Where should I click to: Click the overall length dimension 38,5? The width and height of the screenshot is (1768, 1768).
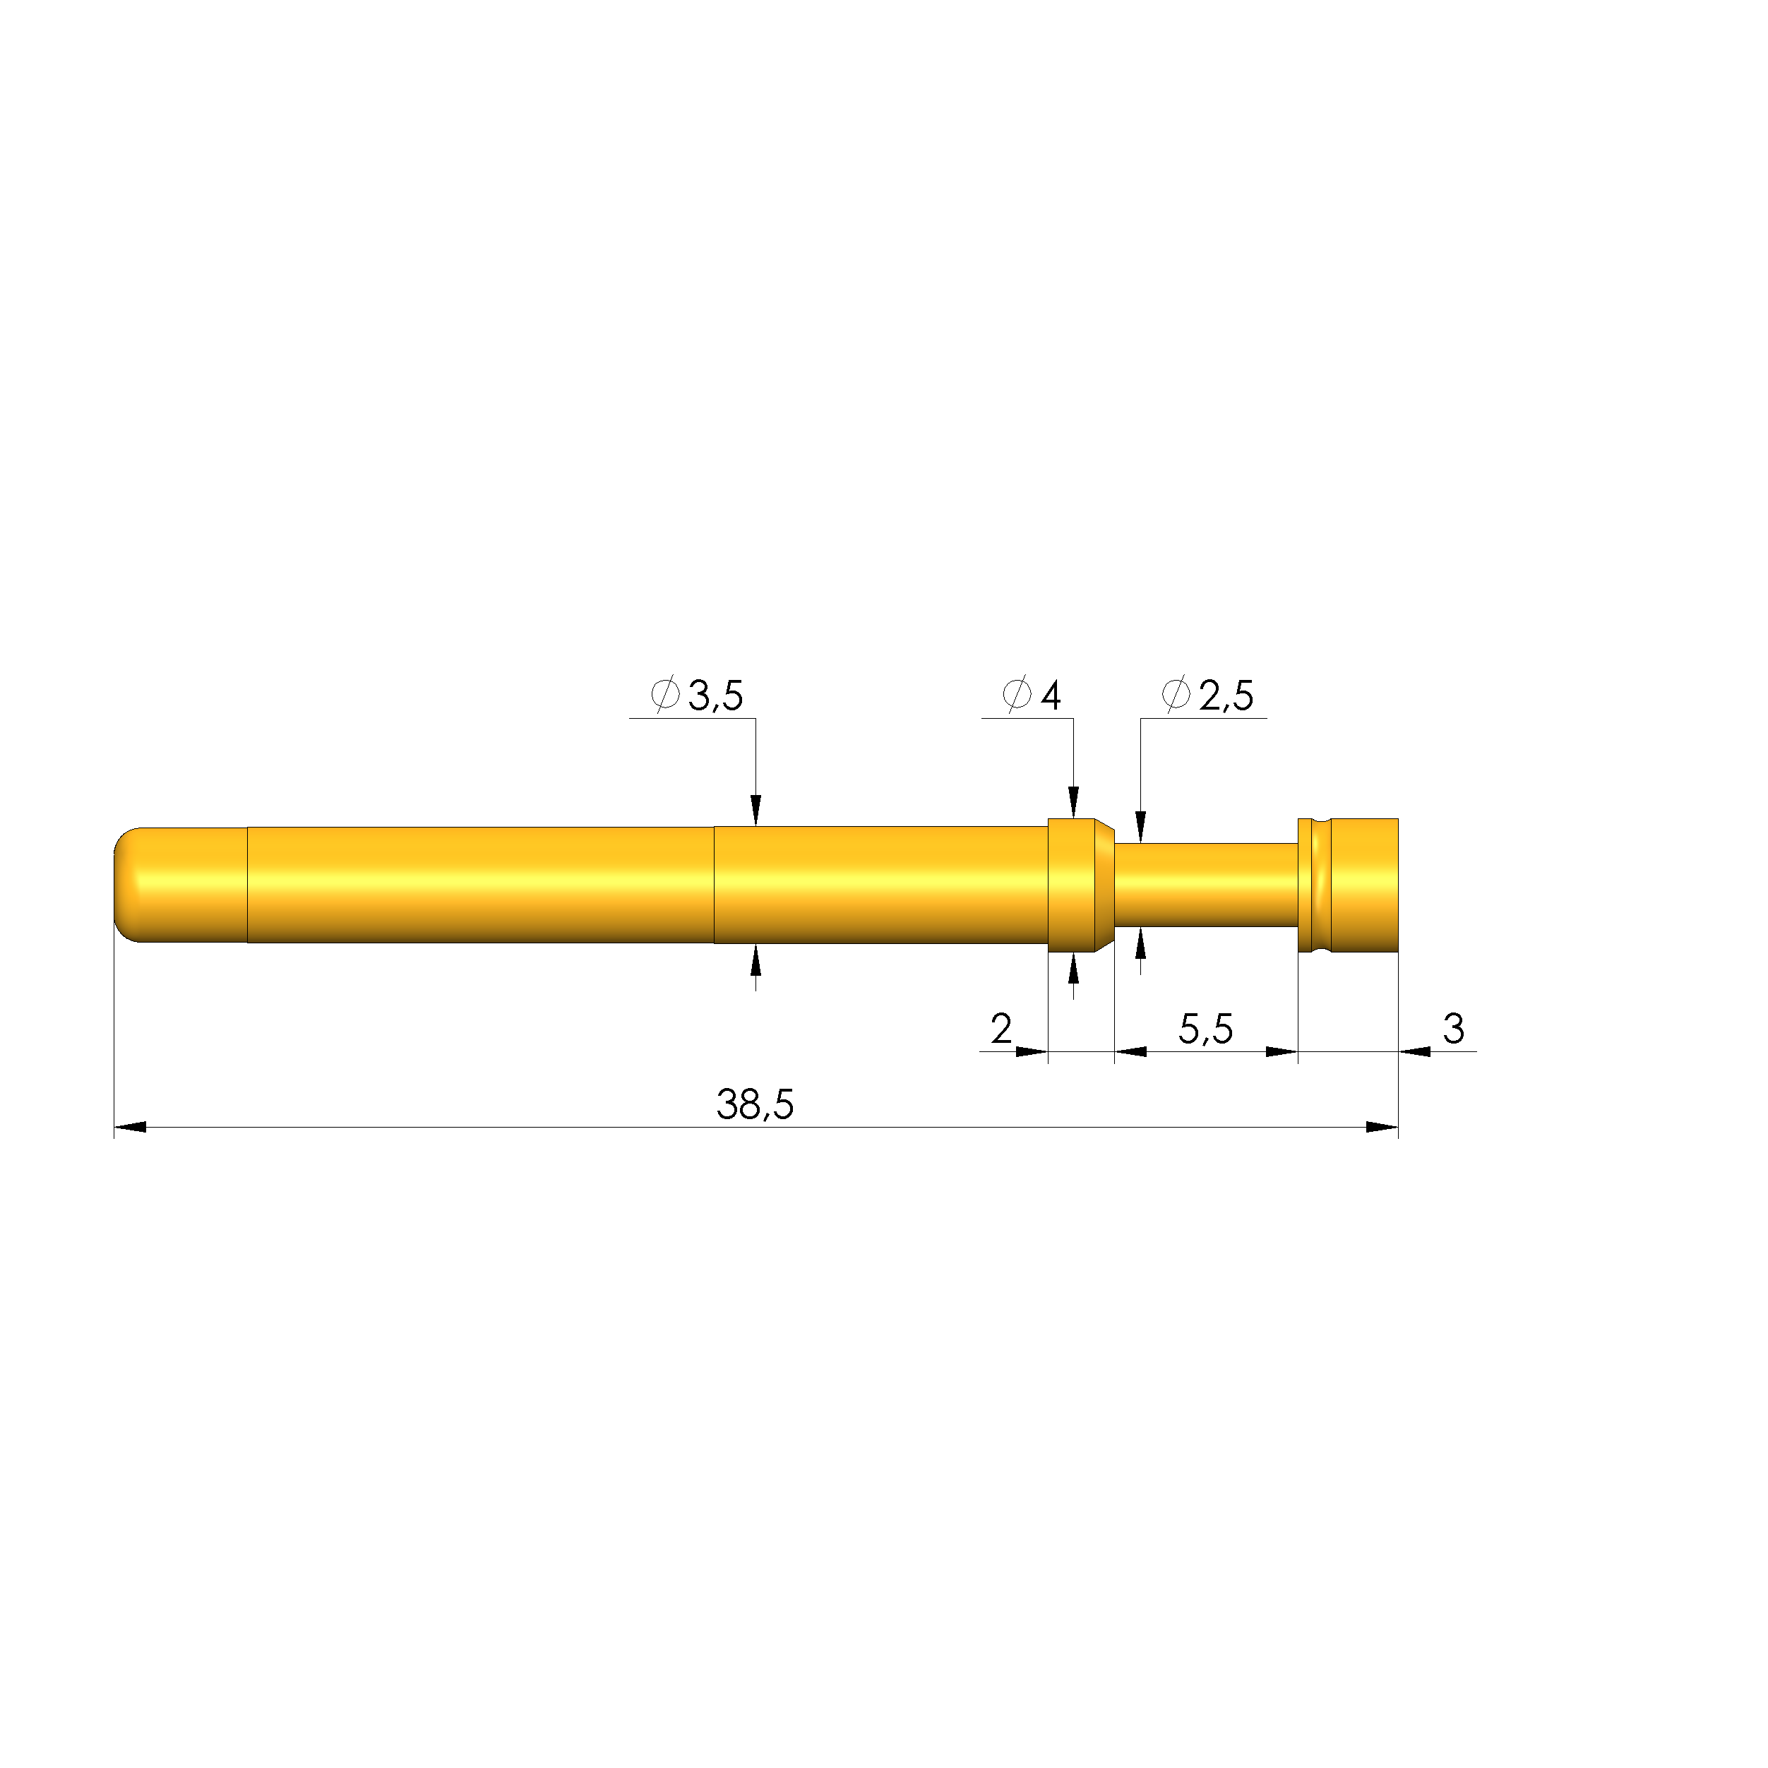[754, 1104]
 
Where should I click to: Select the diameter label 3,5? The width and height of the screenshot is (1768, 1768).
[716, 695]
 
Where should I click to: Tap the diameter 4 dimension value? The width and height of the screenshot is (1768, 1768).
[1051, 695]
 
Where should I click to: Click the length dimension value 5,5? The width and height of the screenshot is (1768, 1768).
[1205, 1029]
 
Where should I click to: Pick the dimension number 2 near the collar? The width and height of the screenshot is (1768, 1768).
[1001, 1029]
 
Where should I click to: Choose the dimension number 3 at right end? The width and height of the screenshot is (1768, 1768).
[1453, 1029]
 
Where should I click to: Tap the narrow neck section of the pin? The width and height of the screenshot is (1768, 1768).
[1205, 884]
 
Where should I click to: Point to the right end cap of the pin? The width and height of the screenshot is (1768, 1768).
[1363, 884]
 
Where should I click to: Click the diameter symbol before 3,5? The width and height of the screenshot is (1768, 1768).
[665, 695]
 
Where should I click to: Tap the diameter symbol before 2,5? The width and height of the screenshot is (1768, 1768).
[1176, 695]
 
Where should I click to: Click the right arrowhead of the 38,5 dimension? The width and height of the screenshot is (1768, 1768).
[1382, 1126]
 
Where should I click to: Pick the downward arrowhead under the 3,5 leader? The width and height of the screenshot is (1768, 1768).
[755, 811]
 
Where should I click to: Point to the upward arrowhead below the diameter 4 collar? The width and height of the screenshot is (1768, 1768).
[1073, 969]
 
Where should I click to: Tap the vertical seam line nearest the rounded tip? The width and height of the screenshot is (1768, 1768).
[247, 884]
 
